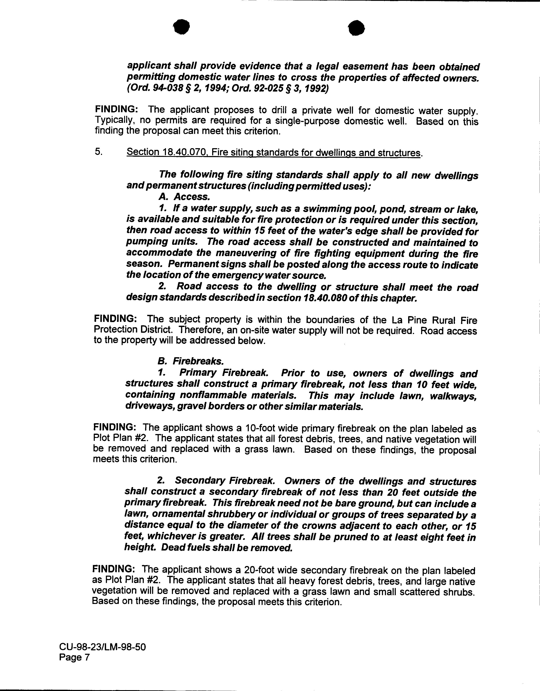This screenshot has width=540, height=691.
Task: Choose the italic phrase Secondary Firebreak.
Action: (225, 481)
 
